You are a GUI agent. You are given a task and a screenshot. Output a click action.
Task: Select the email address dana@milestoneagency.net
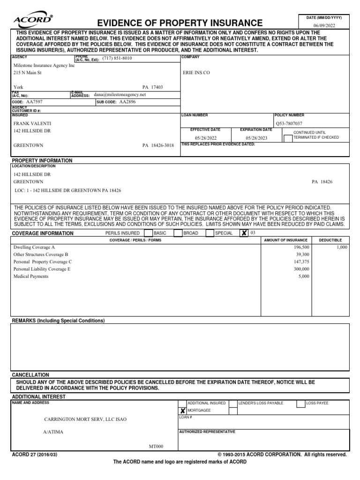coord(120,94)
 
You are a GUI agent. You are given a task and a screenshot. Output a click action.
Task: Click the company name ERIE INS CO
coord(196,73)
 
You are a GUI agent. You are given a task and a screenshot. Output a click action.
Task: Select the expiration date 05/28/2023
coord(256,138)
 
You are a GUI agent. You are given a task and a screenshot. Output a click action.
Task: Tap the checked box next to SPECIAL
coord(244,233)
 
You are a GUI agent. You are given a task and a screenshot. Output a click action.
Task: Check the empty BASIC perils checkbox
coord(148,233)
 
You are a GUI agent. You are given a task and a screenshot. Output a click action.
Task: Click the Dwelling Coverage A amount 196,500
coord(301,247)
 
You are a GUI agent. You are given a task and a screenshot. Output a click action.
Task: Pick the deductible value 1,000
coord(342,247)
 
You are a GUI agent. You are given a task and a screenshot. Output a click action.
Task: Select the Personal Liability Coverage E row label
coord(42,269)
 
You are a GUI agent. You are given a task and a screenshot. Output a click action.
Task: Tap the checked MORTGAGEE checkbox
coord(183,411)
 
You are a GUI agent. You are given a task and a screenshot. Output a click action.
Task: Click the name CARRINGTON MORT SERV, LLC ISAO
coord(85,419)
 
